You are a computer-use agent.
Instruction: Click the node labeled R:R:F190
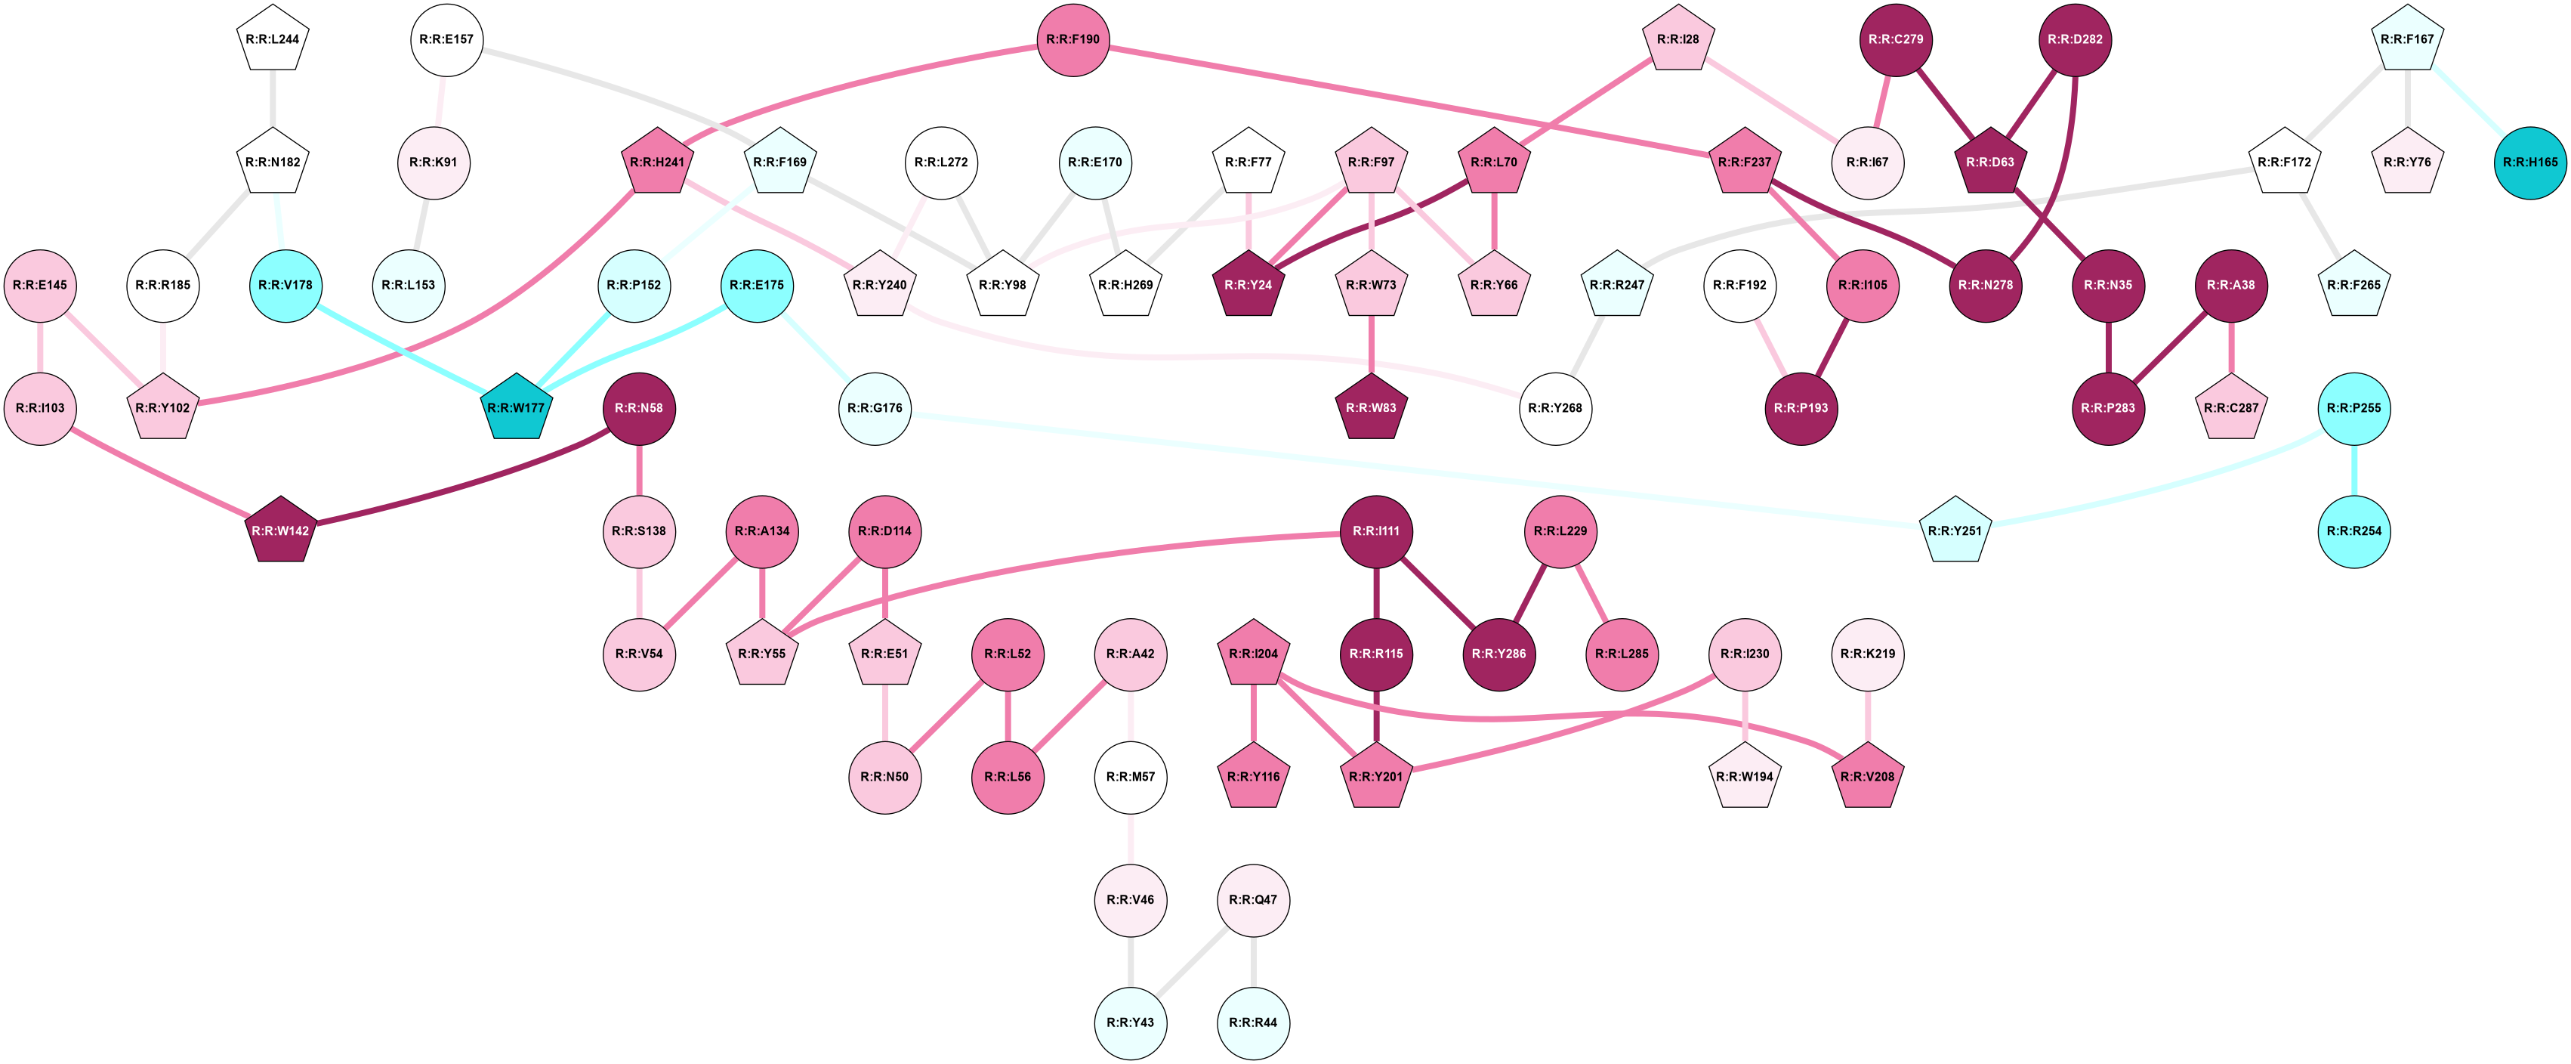tap(1073, 40)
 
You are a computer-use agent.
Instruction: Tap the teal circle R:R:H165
tap(2530, 162)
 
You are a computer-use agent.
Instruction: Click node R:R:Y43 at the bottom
tap(1130, 1023)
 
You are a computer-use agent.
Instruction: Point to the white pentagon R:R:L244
tap(273, 40)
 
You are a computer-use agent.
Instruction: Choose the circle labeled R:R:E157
tap(446, 40)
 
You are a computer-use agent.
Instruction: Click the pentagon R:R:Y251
tap(1954, 531)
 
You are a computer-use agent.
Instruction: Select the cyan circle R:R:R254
tap(2353, 531)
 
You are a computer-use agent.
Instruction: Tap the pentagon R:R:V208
tap(1866, 778)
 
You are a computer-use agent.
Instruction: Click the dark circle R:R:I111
tap(1375, 531)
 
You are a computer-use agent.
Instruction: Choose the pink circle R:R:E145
tap(40, 286)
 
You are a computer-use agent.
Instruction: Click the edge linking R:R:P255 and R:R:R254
tap(2353, 469)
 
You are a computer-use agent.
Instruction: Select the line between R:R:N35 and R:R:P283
tap(2107, 346)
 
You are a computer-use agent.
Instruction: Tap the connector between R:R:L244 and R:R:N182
tap(273, 100)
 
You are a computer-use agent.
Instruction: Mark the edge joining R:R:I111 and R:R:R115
tap(1375, 592)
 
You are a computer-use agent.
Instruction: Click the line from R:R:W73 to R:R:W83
tap(1370, 346)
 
